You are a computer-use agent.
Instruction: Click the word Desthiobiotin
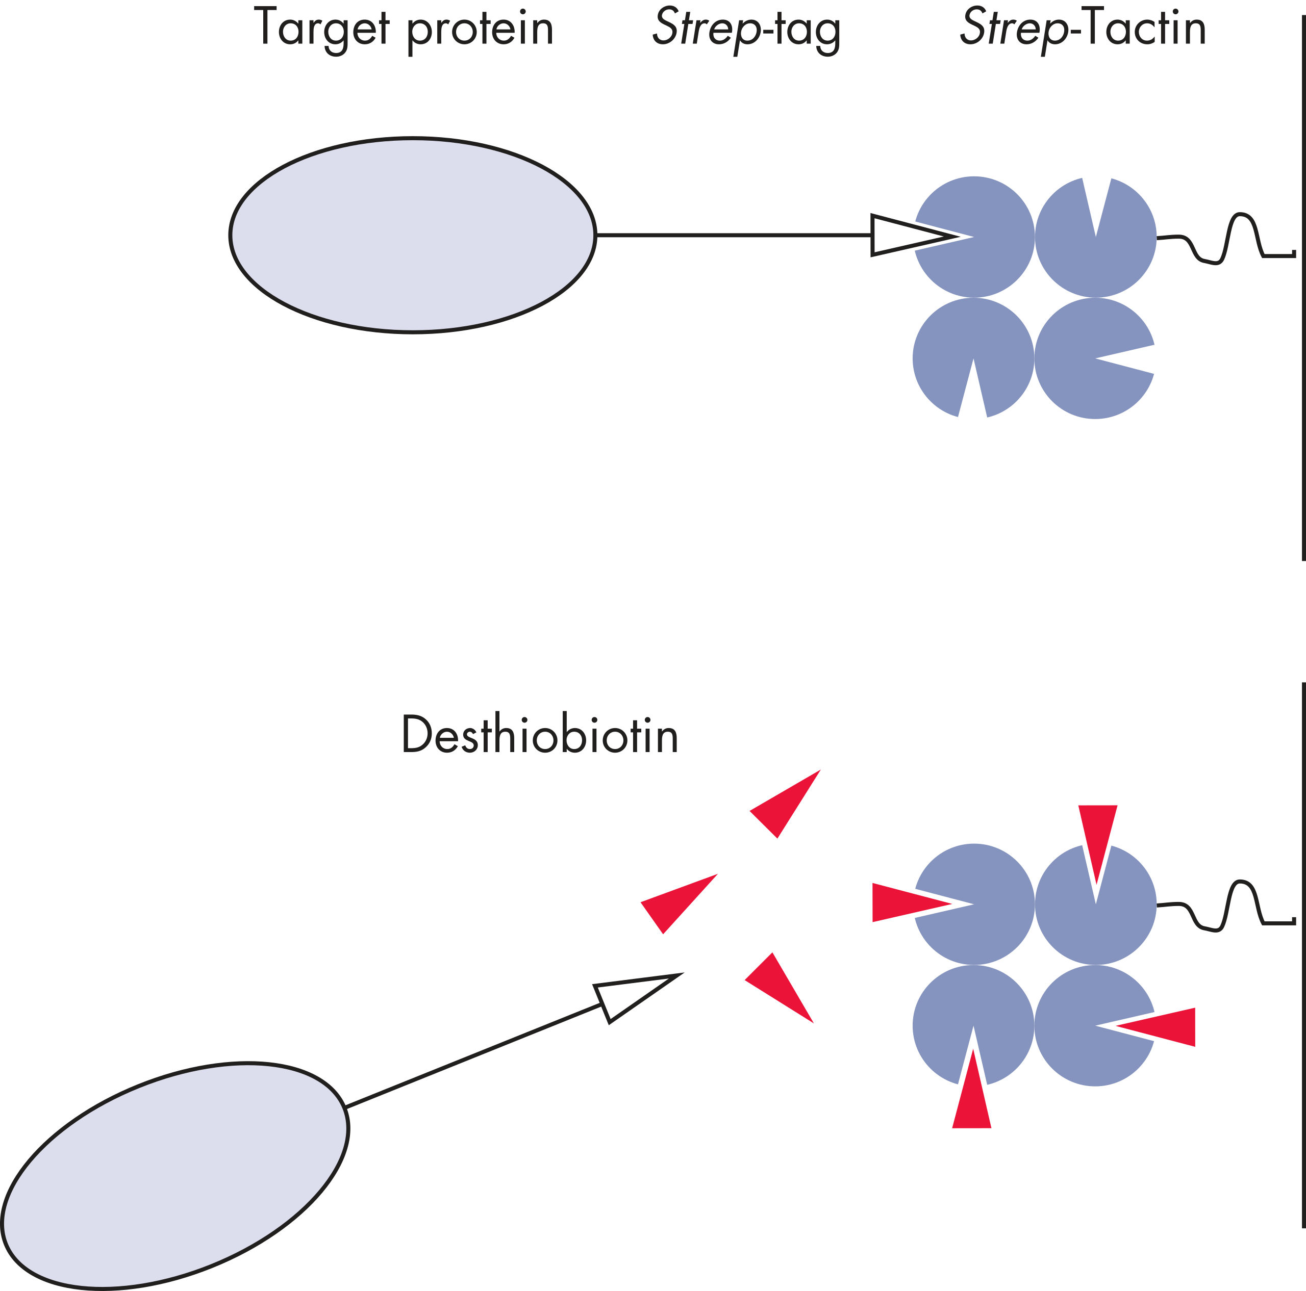click(539, 735)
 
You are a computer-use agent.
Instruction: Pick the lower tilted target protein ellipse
click(174, 1175)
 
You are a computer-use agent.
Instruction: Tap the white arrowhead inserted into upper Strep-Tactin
click(902, 235)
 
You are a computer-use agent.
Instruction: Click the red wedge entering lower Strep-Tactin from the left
click(899, 902)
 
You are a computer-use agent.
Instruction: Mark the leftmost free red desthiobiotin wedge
click(676, 902)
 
